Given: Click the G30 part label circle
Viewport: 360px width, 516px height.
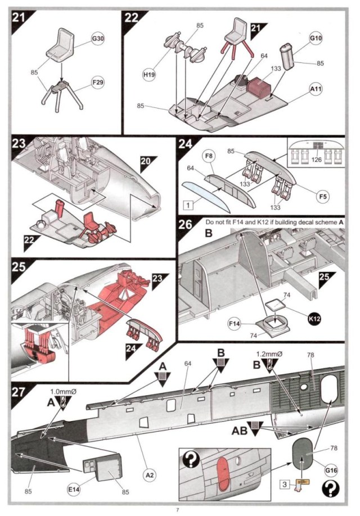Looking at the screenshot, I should coord(98,41).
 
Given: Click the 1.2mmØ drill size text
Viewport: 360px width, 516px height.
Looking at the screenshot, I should coord(269,355).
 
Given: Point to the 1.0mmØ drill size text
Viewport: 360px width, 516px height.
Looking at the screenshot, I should coord(62,390).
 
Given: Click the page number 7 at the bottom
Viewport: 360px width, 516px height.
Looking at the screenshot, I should coord(177,509).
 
